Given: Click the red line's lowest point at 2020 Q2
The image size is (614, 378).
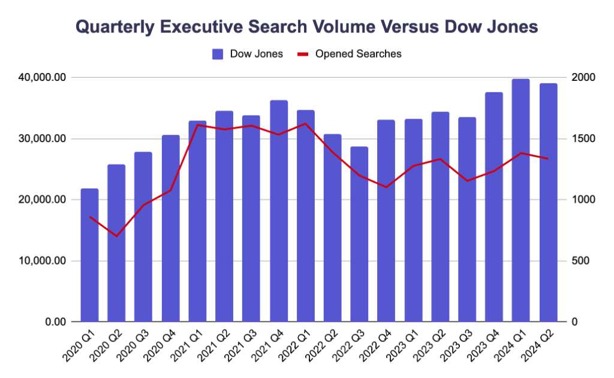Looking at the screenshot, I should [x=116, y=236].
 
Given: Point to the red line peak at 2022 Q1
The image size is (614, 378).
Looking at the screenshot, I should [x=305, y=123].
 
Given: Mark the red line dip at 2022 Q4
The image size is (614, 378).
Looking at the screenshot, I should [x=386, y=187].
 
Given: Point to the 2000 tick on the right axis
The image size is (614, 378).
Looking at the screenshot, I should [x=582, y=78].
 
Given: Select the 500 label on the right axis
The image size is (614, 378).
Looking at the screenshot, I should [x=579, y=261].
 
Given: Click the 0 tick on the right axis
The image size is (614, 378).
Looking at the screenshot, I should [x=574, y=322].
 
